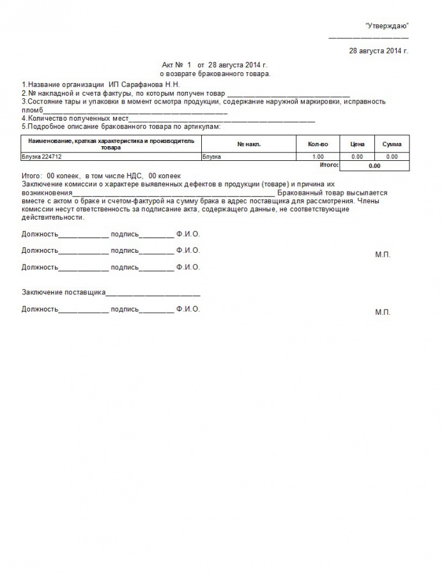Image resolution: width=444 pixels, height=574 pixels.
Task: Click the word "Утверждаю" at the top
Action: click(x=387, y=25)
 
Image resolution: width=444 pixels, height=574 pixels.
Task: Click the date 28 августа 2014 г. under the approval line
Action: click(x=378, y=50)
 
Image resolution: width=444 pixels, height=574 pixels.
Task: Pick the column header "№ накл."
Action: click(x=249, y=144)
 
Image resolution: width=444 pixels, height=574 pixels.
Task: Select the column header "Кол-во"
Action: click(x=318, y=144)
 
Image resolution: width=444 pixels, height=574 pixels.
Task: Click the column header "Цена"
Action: click(x=357, y=144)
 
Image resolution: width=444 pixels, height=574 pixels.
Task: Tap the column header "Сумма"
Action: click(x=392, y=144)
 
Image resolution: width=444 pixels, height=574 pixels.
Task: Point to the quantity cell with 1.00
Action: click(x=318, y=156)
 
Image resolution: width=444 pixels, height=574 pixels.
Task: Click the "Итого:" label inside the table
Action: click(x=328, y=165)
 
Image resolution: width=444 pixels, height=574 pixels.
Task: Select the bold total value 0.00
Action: click(x=374, y=165)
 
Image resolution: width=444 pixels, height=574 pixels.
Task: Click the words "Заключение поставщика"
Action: click(x=63, y=292)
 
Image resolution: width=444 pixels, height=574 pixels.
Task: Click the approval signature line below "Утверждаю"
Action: click(x=368, y=38)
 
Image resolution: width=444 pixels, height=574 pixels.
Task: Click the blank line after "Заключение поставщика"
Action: click(x=153, y=294)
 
